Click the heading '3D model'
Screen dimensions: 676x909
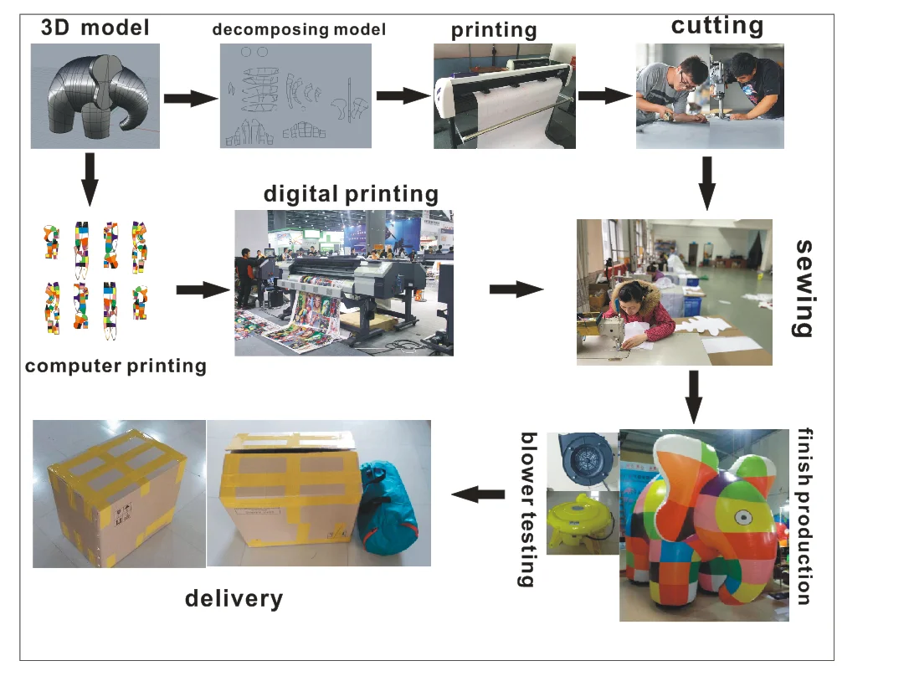(95, 28)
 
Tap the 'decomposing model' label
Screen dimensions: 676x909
(299, 29)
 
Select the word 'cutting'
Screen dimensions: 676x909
(717, 25)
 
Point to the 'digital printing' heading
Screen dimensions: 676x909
(351, 194)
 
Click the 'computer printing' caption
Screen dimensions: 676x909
(116, 366)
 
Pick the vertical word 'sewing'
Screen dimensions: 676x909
(803, 288)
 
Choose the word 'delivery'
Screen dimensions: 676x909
(234, 598)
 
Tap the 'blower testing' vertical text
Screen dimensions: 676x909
(528, 510)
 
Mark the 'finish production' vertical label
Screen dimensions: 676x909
(804, 515)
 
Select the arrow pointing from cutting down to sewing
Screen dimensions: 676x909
(706, 184)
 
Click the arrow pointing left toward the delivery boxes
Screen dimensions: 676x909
(478, 494)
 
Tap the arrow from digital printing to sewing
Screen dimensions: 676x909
(515, 289)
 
